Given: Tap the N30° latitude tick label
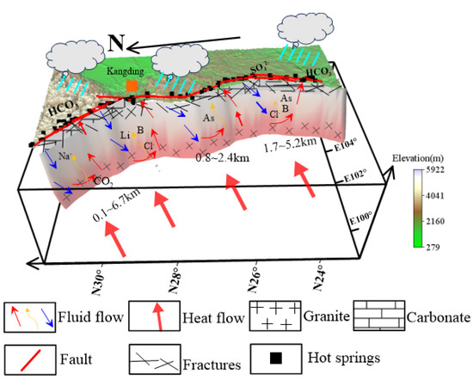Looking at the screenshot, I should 97,270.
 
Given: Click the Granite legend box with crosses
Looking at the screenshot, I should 271,315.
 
